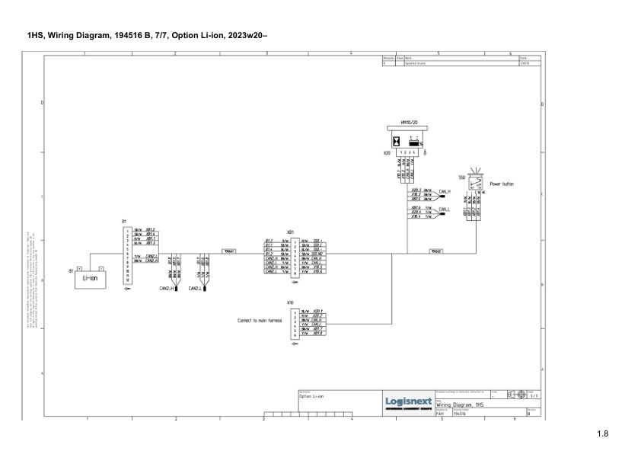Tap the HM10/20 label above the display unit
tap(409, 122)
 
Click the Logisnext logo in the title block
tap(409, 401)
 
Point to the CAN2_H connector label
tap(167, 289)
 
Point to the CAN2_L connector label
tap(195, 289)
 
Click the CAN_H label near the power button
tap(445, 191)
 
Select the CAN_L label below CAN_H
tap(445, 209)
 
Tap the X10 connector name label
tap(290, 302)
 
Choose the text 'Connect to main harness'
tap(260, 321)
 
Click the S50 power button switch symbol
tap(476, 184)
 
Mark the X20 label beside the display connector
tap(387, 153)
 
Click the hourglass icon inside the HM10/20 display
tap(397, 141)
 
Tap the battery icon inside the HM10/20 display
tap(415, 141)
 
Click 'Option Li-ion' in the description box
tap(311, 397)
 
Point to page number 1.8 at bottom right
tap(603, 434)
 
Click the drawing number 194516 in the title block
tap(459, 414)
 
